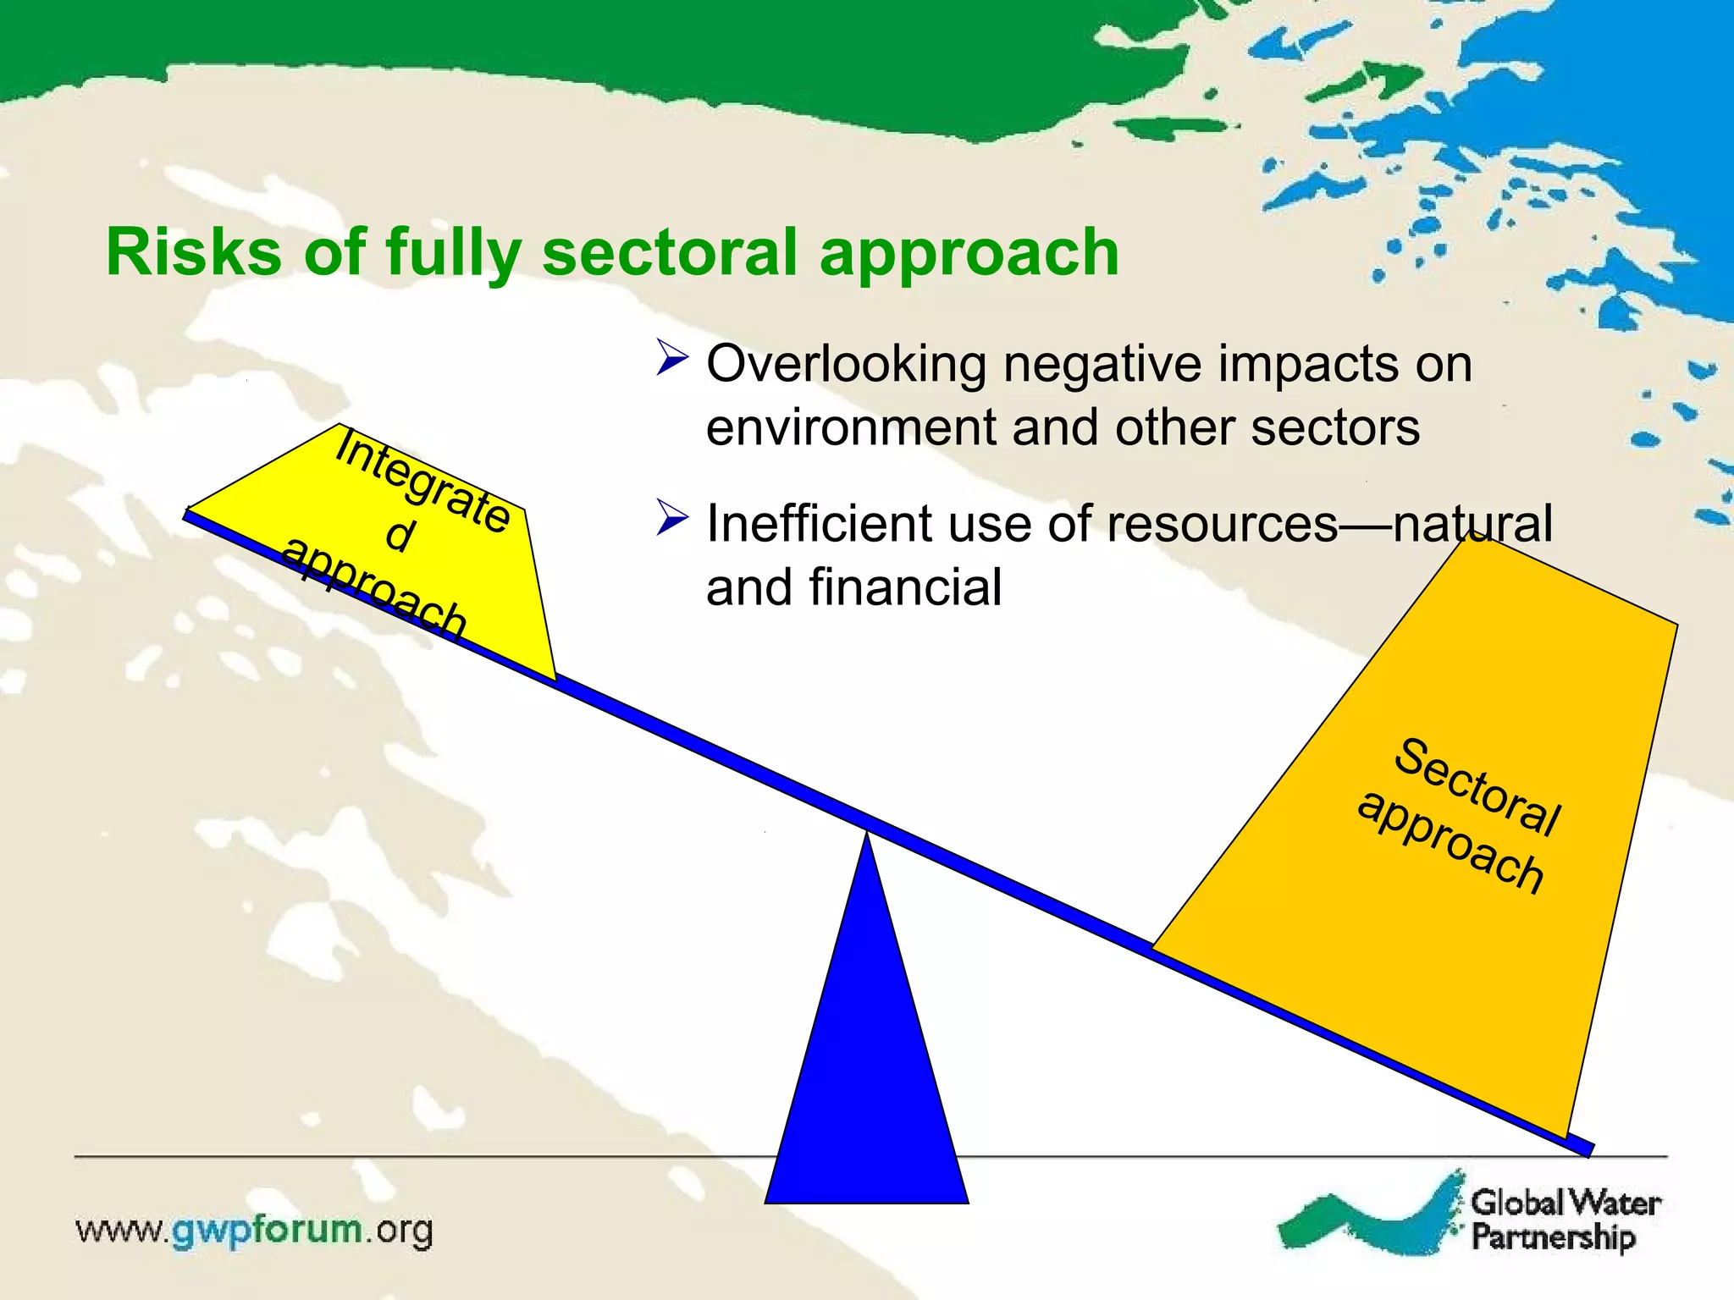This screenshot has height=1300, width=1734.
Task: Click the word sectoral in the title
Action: [670, 252]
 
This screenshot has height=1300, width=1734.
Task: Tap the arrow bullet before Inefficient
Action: [672, 518]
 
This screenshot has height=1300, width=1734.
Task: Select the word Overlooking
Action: [846, 365]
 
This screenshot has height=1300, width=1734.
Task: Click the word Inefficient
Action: [818, 524]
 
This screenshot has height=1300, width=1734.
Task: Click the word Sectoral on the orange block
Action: [1477, 786]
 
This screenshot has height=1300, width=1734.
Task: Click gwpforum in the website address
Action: [267, 1230]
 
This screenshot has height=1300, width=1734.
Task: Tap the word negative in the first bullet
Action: [1102, 365]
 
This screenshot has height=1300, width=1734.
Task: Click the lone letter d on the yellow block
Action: [400, 536]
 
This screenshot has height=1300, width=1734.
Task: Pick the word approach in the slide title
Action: [969, 252]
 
